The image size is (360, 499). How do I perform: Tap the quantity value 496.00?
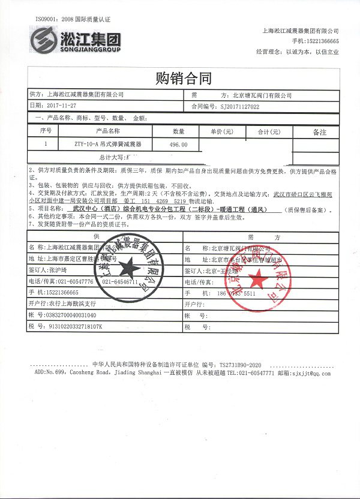(178, 145)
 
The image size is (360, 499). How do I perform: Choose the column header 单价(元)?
(221, 131)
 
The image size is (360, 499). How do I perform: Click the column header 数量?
(179, 131)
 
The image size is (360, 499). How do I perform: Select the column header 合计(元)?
(269, 131)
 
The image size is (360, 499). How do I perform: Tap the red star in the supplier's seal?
(127, 267)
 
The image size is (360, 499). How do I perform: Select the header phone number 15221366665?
(324, 41)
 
